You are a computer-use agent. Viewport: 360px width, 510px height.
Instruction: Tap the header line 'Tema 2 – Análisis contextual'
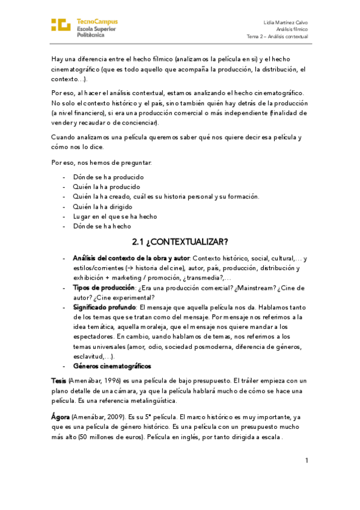click(277, 36)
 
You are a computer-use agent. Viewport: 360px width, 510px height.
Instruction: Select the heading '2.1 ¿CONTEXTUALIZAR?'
click(180, 242)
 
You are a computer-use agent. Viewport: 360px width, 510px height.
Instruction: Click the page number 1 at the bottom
click(307, 461)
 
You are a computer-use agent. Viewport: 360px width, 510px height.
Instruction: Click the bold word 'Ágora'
click(61, 417)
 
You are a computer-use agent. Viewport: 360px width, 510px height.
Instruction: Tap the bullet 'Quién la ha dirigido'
click(102, 206)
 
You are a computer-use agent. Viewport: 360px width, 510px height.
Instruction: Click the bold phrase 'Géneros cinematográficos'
click(112, 366)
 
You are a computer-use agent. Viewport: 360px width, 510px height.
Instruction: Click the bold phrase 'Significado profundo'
click(104, 307)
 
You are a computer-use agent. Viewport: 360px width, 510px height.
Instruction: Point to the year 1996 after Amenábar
click(115, 381)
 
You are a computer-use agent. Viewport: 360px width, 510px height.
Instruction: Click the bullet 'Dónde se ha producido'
click(108, 177)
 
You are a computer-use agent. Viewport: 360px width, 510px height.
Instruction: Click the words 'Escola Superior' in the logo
click(97, 28)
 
